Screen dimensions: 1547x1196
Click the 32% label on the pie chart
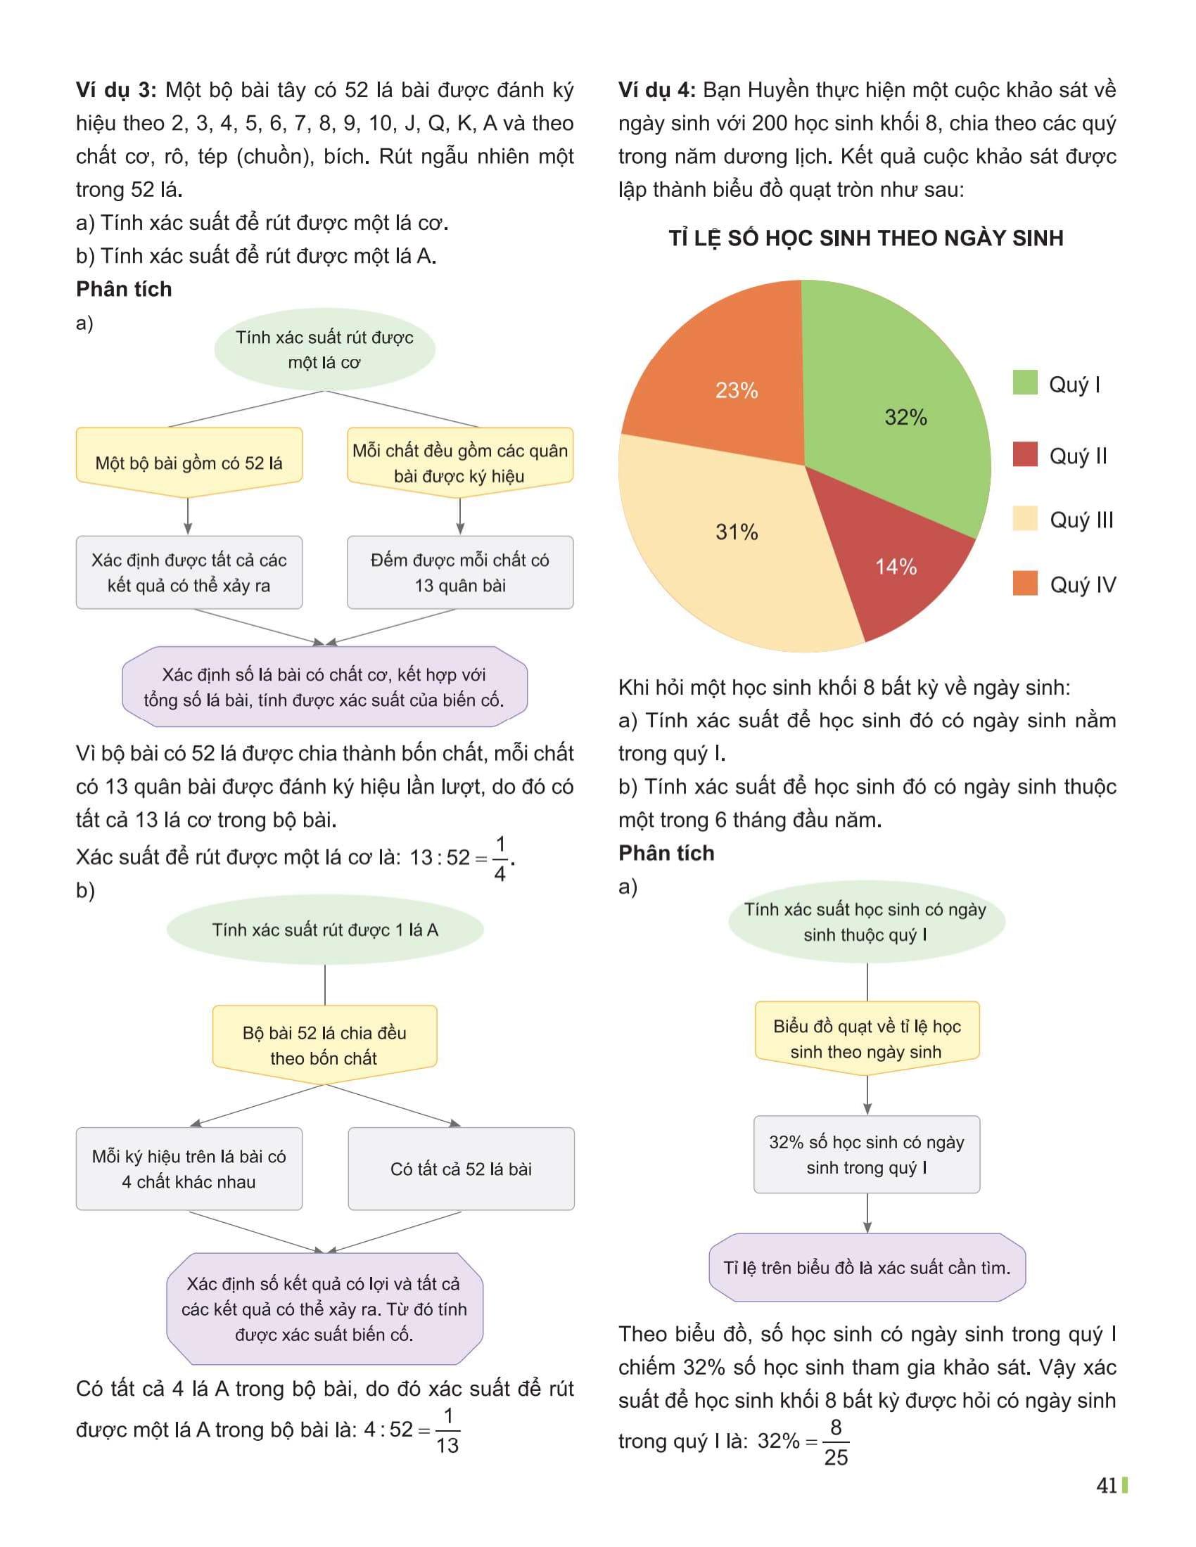tap(905, 417)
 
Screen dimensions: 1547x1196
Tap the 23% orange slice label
tap(736, 390)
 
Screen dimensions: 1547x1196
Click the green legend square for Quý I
tap(1024, 383)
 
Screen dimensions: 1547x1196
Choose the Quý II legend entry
tap(1077, 456)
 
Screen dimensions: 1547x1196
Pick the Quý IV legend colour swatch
tap(1024, 584)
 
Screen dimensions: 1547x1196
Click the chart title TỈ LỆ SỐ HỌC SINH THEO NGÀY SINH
tap(866, 238)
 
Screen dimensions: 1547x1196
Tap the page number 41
tap(1106, 1485)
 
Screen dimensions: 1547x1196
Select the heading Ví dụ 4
tap(657, 90)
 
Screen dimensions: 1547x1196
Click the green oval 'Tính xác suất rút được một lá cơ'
tap(324, 349)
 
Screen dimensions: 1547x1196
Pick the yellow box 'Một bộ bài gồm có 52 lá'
tap(189, 463)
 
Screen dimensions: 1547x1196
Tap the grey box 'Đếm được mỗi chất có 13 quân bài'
tap(460, 572)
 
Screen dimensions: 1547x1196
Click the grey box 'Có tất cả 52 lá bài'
tap(461, 1169)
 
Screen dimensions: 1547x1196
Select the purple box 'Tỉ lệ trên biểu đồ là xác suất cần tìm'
tap(867, 1268)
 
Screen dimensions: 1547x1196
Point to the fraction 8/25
tap(835, 1442)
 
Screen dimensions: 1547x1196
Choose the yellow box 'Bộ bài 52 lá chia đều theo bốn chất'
tap(324, 1045)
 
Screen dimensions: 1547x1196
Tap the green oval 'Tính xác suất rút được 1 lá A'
tap(324, 930)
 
